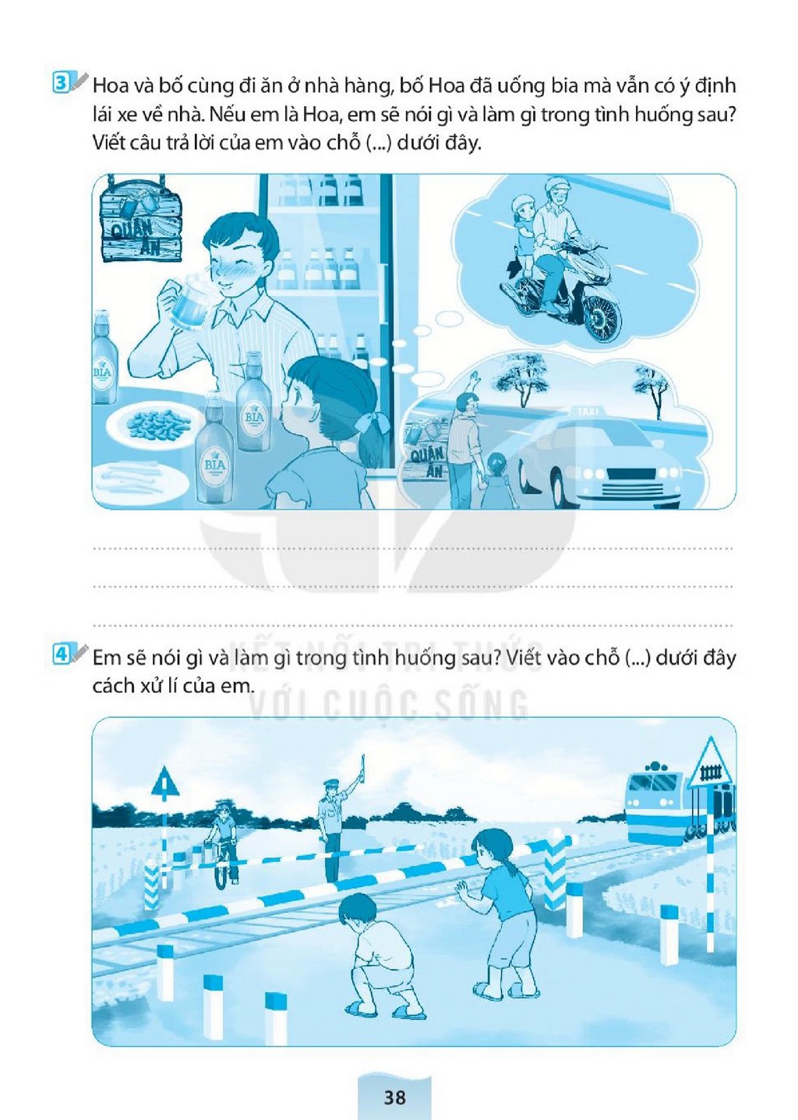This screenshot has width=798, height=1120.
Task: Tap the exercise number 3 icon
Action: (x=61, y=83)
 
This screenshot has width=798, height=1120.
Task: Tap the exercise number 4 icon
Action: (x=61, y=655)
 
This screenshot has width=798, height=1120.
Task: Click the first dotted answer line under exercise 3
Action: (x=413, y=549)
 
